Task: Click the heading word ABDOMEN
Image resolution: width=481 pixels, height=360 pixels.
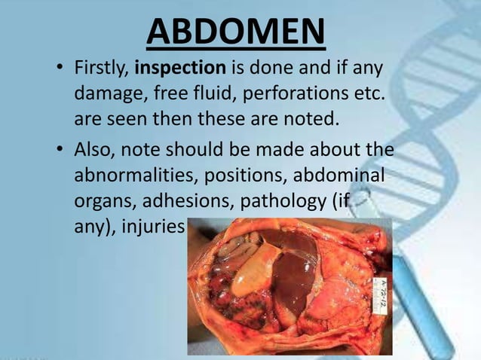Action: pyautogui.click(x=236, y=31)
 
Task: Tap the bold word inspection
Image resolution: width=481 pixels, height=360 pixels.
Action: pyautogui.click(x=180, y=69)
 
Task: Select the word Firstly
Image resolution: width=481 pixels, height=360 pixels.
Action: pyautogui.click(x=101, y=69)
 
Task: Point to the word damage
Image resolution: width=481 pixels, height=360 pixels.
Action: pyautogui.click(x=103, y=95)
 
